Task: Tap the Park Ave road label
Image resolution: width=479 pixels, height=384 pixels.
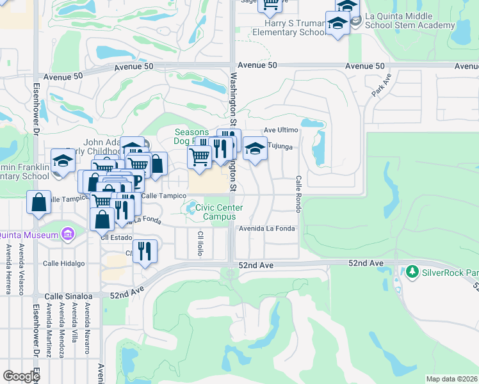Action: (x=381, y=85)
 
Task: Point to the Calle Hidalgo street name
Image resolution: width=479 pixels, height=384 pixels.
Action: (x=63, y=264)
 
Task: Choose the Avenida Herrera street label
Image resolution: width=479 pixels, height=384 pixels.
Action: (x=8, y=269)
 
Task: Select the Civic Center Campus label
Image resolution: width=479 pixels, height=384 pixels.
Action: (x=219, y=212)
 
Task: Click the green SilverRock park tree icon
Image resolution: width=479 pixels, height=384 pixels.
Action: (x=412, y=272)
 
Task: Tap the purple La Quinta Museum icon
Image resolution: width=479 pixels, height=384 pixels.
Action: (x=67, y=235)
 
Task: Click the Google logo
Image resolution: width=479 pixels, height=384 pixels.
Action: (x=21, y=376)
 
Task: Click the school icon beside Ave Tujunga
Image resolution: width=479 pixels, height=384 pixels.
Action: (x=255, y=150)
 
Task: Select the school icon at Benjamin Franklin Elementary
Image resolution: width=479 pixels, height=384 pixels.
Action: (x=63, y=163)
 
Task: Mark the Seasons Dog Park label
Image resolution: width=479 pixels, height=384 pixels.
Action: (x=191, y=136)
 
